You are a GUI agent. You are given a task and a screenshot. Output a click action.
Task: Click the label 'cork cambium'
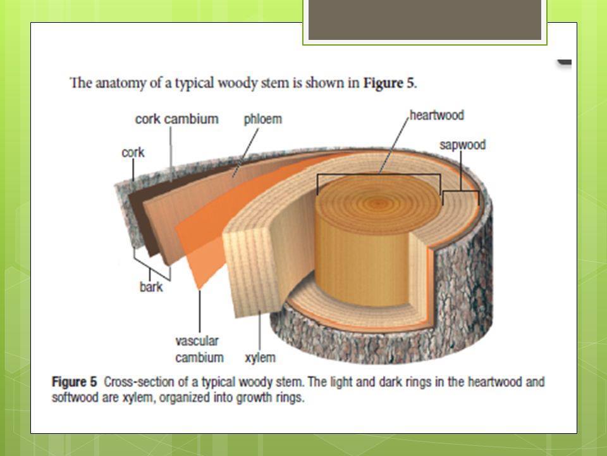(176, 119)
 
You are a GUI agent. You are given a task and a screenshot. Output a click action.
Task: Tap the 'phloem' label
(262, 119)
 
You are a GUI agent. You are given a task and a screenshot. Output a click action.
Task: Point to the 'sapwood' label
(462, 145)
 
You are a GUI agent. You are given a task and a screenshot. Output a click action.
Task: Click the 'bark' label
(151, 287)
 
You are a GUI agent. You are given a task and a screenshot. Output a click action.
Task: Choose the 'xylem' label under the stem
(260, 358)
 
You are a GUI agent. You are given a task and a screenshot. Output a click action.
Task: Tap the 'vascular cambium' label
(199, 349)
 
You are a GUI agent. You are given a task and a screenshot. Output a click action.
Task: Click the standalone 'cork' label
(133, 153)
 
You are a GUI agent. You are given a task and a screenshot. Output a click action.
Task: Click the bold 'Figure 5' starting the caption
(74, 382)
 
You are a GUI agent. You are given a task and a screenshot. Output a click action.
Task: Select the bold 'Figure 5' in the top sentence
(389, 83)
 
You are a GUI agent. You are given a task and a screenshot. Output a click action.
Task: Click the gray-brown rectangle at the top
(424, 20)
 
